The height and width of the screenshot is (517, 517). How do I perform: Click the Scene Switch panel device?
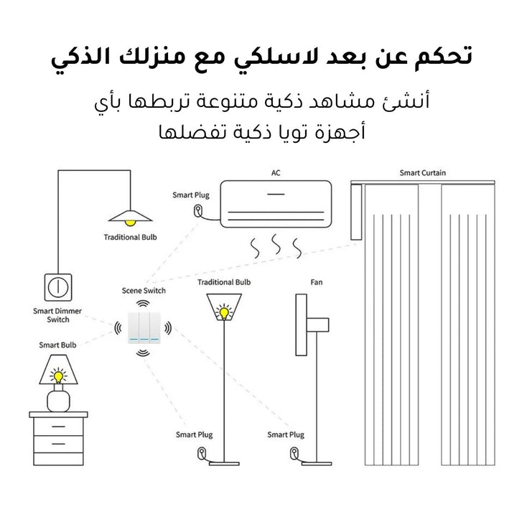(x=144, y=327)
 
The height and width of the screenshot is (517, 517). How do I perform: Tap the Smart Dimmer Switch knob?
(x=58, y=287)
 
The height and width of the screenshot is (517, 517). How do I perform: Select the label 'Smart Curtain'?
(x=422, y=173)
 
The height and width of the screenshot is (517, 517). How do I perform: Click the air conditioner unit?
(x=276, y=204)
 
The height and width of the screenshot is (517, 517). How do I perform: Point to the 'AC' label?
(x=276, y=173)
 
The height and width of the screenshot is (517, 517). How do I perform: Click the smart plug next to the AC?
(x=198, y=210)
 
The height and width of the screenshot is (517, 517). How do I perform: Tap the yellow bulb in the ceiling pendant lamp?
(x=130, y=223)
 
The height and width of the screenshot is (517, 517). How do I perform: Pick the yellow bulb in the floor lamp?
(x=224, y=312)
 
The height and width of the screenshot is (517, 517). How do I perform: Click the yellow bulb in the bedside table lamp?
(x=58, y=376)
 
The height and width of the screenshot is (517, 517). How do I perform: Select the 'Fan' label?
(x=316, y=282)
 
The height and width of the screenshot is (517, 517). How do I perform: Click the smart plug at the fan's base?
(x=294, y=453)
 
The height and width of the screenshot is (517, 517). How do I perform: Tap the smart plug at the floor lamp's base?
(x=202, y=453)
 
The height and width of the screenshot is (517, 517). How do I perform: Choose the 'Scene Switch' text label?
(x=144, y=291)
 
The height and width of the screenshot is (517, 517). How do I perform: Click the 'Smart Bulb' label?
(x=57, y=345)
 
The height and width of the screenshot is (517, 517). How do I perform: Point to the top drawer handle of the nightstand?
(x=58, y=427)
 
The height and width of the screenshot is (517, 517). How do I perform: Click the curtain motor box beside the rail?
(x=356, y=212)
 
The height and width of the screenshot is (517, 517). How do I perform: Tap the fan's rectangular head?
(x=301, y=325)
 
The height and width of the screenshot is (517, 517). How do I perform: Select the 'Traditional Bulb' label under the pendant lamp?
(x=130, y=237)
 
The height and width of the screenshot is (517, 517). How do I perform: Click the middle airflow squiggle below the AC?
(x=276, y=245)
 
